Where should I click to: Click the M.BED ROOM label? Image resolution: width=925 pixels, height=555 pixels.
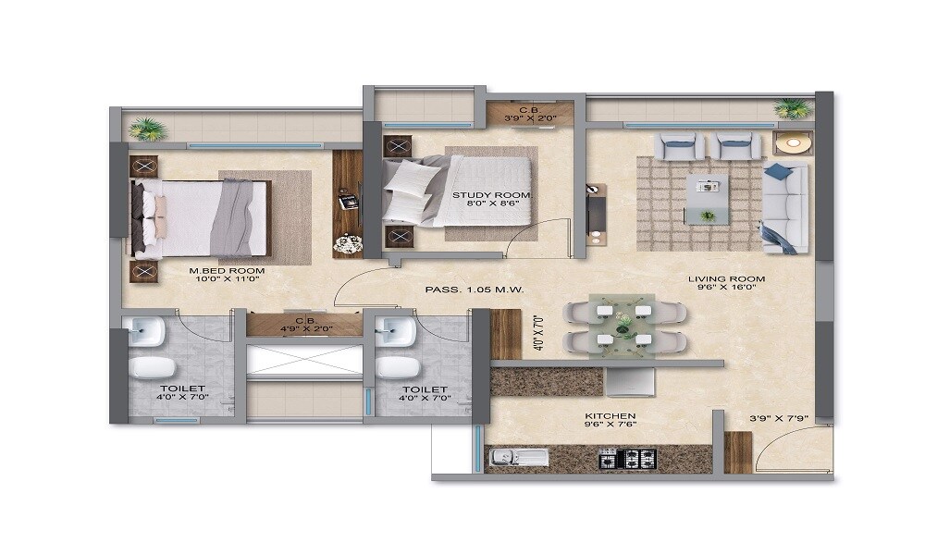(228, 271)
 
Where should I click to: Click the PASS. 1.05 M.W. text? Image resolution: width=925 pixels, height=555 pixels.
(475, 290)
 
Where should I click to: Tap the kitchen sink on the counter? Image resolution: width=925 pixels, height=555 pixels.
(507, 456)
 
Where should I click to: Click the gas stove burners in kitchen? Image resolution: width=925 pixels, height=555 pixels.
(628, 458)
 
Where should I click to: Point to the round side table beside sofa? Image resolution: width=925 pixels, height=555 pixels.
(793, 142)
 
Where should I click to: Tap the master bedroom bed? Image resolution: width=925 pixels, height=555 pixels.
(202, 218)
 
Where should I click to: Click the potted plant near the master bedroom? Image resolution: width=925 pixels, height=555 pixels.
(147, 128)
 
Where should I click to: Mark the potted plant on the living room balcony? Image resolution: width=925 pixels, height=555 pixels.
(794, 109)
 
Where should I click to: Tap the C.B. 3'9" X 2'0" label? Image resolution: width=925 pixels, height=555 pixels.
(530, 114)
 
